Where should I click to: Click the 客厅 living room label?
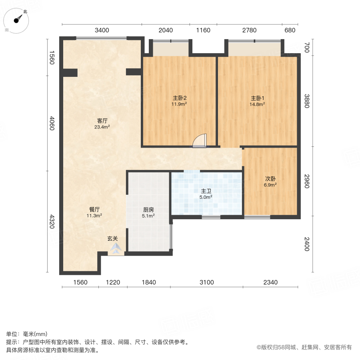tap(102, 121)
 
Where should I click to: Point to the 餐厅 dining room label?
tap(94, 209)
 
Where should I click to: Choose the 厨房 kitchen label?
tap(149, 209)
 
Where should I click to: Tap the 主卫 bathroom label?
tap(206, 191)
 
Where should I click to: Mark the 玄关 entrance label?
tap(112, 239)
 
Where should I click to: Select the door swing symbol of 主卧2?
tap(200, 141)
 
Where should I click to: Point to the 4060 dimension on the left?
tap(52, 123)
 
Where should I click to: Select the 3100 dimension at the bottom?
tap(207, 282)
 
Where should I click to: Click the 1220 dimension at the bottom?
tap(113, 282)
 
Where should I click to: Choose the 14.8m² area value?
tap(258, 104)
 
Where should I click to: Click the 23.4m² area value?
tap(102, 127)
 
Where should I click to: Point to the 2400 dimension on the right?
tap(307, 244)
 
